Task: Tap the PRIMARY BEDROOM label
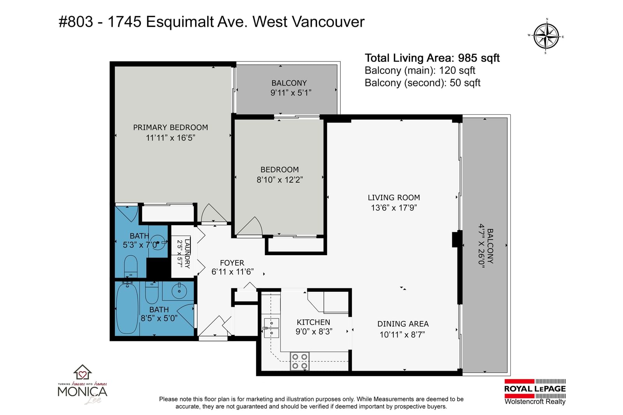pos(171,128)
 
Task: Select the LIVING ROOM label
pos(394,198)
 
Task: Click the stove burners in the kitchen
pos(299,361)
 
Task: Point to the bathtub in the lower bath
pos(127,308)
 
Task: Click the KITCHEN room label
pos(313,322)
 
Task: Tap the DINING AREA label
pos(403,324)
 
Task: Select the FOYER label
pos(232,263)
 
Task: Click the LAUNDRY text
pos(187,254)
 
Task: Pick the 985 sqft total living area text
pos(479,58)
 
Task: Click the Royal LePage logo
pos(535,392)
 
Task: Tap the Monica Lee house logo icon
pos(82,372)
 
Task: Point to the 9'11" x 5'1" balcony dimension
pos(290,93)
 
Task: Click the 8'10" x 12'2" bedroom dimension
pos(280,180)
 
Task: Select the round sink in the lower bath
pos(179,291)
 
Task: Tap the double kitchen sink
pos(271,328)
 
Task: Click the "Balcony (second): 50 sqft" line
pos(422,83)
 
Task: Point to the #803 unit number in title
pos(76,22)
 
